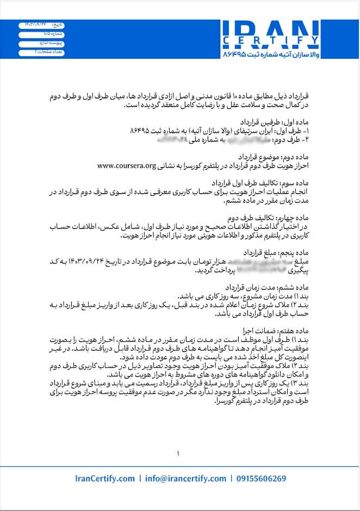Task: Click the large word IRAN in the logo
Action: (x=270, y=31)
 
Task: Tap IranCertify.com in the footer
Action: (x=105, y=479)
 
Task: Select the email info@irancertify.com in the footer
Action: (x=186, y=479)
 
